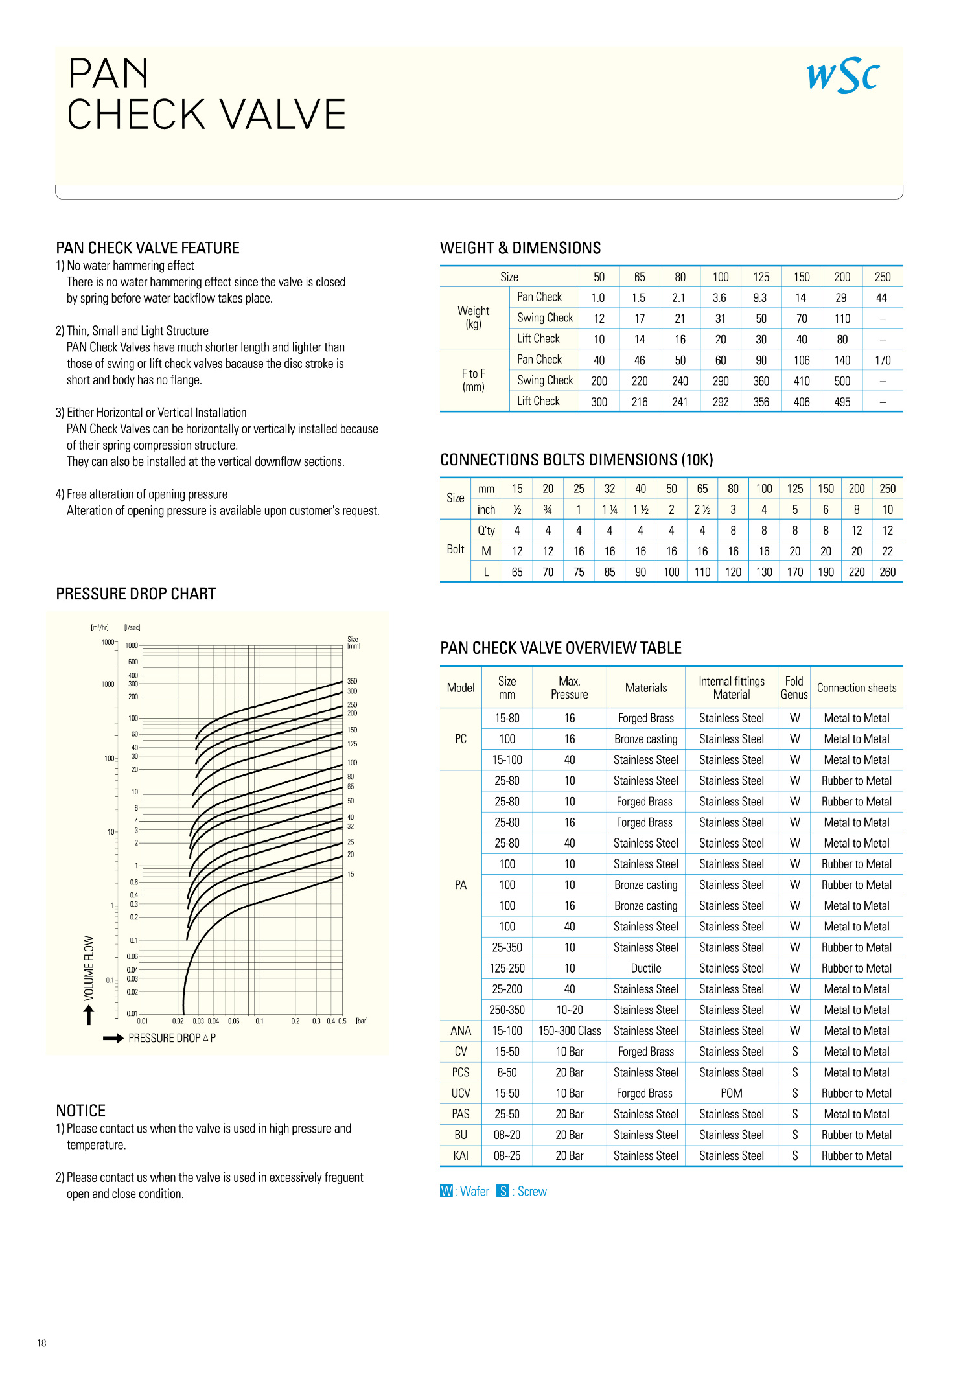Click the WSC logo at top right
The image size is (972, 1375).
click(x=842, y=76)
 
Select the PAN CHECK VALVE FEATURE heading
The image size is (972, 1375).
click(x=148, y=248)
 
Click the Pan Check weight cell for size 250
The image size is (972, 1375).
click(x=881, y=298)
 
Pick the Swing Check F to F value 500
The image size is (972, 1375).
click(x=842, y=381)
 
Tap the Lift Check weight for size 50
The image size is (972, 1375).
click(x=599, y=340)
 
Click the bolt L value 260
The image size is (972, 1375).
click(x=887, y=572)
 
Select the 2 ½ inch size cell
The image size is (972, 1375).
click(x=702, y=510)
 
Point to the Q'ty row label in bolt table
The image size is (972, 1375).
click(x=486, y=531)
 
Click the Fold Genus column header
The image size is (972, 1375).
click(x=794, y=688)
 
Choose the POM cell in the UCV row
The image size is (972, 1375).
click(x=731, y=1093)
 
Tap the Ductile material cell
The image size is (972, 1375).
click(x=645, y=968)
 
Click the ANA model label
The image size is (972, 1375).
click(x=461, y=1031)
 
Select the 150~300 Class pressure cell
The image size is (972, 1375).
click(x=569, y=1031)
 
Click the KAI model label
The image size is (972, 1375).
click(x=461, y=1155)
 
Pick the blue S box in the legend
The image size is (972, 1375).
click(x=503, y=1191)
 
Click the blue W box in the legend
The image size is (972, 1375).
click(x=446, y=1191)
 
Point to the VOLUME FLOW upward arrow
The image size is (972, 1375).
click(x=89, y=1015)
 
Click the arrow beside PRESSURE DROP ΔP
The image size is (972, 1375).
click(x=113, y=1038)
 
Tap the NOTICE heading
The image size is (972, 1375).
click(x=81, y=1111)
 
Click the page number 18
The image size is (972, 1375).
click(x=41, y=1343)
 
